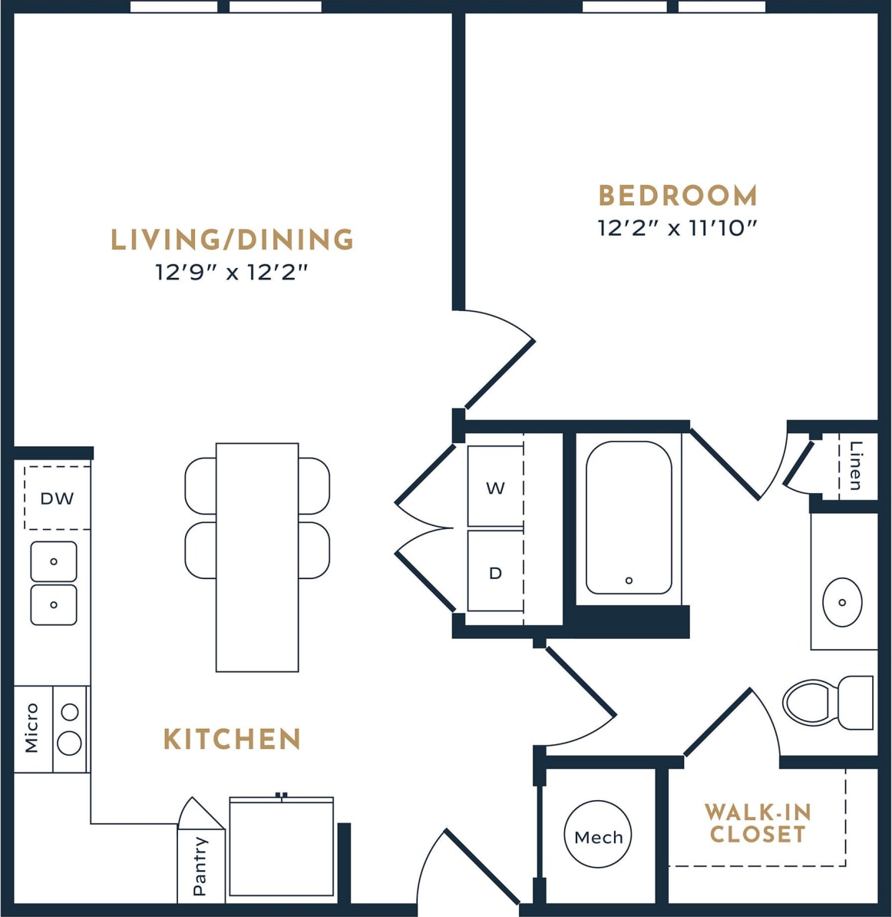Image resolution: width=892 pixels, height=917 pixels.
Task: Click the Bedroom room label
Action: click(678, 196)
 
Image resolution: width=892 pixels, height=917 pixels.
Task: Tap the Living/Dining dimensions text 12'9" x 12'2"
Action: click(231, 272)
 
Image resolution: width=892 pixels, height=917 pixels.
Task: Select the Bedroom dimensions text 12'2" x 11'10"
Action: click(678, 228)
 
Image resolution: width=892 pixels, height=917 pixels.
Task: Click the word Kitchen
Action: click(232, 740)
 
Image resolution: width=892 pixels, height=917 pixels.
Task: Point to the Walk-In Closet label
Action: click(758, 823)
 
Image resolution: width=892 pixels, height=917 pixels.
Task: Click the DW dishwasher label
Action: click(57, 498)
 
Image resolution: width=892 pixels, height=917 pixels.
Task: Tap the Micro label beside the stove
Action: click(31, 728)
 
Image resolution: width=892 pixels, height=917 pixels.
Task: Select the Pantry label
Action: click(200, 866)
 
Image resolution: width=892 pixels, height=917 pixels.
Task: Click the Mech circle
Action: click(598, 836)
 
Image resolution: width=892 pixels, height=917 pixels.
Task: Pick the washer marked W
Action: click(496, 488)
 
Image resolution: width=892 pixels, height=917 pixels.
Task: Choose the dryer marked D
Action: click(496, 573)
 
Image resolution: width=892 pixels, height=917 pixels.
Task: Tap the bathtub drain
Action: click(629, 581)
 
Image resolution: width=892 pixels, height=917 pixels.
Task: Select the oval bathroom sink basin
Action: click(841, 602)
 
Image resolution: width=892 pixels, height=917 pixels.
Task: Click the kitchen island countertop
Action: click(257, 557)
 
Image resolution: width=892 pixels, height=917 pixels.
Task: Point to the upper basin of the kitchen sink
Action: click(54, 561)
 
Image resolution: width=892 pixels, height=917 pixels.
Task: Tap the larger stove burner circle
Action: click(70, 743)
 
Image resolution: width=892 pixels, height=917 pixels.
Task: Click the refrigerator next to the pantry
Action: click(282, 848)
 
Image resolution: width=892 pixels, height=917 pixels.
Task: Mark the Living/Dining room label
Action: click(232, 240)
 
